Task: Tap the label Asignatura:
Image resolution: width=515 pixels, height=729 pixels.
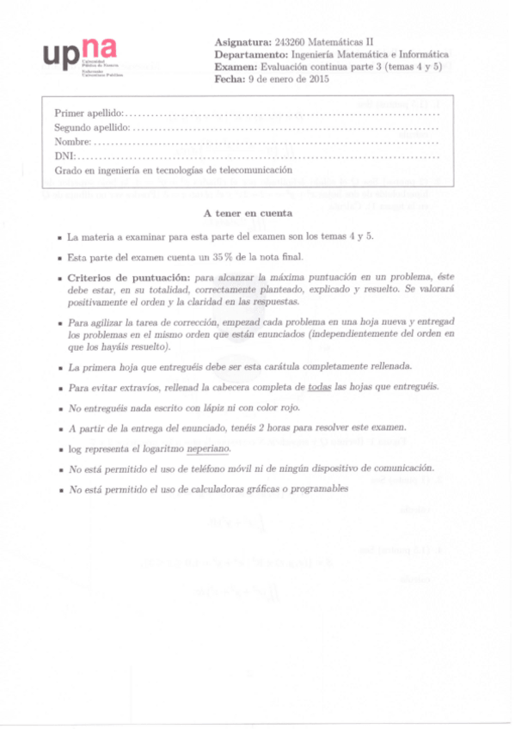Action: (x=242, y=41)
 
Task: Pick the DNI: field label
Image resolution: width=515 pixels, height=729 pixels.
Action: (x=64, y=156)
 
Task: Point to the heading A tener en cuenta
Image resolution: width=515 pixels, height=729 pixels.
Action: (x=248, y=212)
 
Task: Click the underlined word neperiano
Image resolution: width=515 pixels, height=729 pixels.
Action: (x=206, y=449)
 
